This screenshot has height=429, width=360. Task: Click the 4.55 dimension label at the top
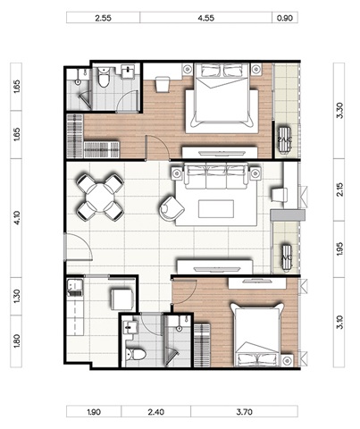pos(205,18)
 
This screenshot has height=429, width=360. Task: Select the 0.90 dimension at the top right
pos(285,18)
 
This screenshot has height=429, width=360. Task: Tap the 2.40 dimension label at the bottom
pos(155,412)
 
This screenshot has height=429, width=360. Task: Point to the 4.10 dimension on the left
pos(16,218)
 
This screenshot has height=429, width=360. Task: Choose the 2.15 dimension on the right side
pos(339,189)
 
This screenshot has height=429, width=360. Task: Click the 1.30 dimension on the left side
pos(16,296)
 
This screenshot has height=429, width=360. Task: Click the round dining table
pos(100,198)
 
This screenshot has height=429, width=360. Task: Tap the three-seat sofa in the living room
pos(216,176)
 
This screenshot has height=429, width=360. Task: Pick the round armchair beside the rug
pos(172,208)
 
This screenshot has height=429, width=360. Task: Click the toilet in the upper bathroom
pos(104,77)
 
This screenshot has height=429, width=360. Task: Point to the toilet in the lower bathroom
pos(136,355)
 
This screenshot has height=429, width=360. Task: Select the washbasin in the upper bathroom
pos(129,71)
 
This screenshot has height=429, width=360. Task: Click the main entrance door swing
pos(79,248)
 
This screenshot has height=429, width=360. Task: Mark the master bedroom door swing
pos(157,147)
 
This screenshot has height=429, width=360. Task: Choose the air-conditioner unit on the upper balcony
pos(284,139)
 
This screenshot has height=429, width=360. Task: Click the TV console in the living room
pos(214,266)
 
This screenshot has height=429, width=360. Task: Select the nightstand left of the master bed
pos(188,69)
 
